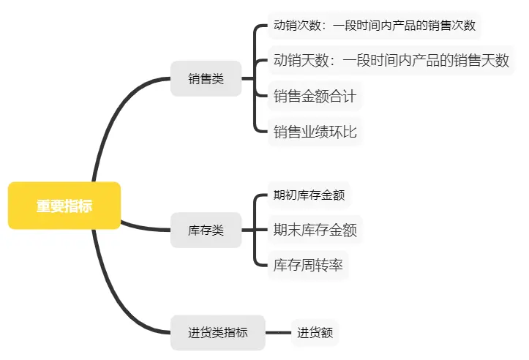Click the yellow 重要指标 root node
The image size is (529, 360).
coord(64,206)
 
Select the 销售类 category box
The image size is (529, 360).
coord(206,78)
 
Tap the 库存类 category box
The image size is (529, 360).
coord(206,230)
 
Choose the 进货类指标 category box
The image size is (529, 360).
coord(217,332)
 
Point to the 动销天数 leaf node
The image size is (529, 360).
coord(391,60)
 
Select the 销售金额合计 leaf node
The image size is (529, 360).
coord(315,95)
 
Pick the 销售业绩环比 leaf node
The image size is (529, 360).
coord(315,132)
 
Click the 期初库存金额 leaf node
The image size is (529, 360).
coord(308,195)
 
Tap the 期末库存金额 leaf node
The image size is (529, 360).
coord(315,230)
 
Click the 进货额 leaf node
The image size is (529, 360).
coord(315,333)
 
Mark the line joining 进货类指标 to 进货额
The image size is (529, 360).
coord(278,333)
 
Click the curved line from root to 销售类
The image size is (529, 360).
coord(110,117)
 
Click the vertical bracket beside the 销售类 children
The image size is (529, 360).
coord(255,78)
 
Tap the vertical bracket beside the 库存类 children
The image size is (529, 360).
coord(255,230)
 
